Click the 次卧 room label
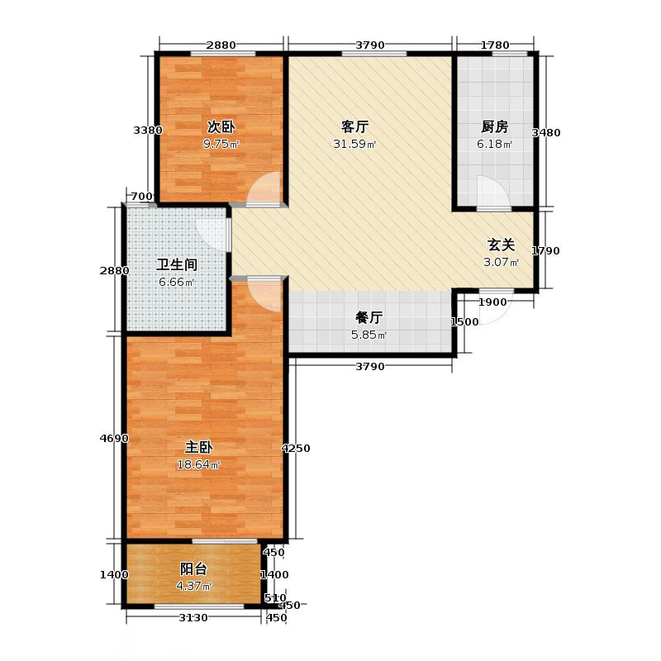[x=221, y=127]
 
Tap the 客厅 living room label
[x=354, y=127]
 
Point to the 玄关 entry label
[x=501, y=245]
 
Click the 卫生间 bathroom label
[x=177, y=265]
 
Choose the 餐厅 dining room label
[x=369, y=317]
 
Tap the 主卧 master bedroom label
[x=199, y=447]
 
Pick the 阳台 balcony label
[x=193, y=569]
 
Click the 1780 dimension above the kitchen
[x=495, y=45]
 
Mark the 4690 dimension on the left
[x=114, y=439]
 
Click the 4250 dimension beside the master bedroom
[x=296, y=449]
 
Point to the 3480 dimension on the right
[x=547, y=133]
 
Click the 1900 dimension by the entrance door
[x=493, y=302]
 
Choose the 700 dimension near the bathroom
[x=142, y=197]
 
